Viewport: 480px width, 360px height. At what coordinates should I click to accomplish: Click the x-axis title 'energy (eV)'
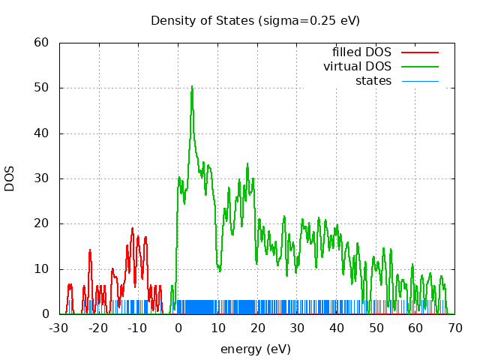255,349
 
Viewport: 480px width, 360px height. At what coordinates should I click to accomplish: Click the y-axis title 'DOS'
10,178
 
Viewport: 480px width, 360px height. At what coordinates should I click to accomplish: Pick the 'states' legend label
373,80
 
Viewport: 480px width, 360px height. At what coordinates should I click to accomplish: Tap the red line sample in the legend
419,52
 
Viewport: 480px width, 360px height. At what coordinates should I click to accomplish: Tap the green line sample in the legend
419,67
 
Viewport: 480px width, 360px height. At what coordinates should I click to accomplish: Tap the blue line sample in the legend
419,81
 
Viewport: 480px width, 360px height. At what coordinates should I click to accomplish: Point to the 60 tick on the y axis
43,43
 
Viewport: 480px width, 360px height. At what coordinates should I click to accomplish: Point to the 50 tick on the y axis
43,88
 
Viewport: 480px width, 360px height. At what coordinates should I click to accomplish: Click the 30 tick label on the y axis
43,178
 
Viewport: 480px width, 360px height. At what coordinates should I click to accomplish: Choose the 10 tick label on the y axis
43,268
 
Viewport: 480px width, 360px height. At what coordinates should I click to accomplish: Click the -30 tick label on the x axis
58,328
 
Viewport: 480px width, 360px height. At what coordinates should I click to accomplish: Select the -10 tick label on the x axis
138,328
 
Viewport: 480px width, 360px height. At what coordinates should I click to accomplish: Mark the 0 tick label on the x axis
178,328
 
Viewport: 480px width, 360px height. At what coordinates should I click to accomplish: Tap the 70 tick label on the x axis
454,328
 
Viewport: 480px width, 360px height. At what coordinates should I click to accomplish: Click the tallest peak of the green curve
192,86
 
